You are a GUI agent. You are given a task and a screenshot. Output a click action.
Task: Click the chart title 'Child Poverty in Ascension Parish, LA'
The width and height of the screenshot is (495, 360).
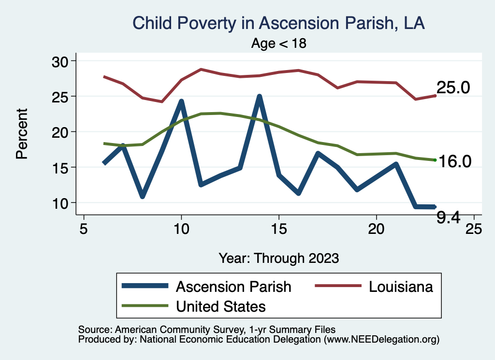[278, 23]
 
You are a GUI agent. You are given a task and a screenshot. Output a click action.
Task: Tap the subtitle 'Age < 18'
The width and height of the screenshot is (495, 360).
[279, 43]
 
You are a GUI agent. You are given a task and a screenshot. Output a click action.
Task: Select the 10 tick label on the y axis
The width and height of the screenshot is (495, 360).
[61, 203]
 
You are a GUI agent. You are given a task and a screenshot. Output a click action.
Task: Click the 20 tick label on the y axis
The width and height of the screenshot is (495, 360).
[61, 132]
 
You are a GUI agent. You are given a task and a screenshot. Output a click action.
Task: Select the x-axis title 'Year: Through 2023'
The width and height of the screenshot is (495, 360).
[278, 258]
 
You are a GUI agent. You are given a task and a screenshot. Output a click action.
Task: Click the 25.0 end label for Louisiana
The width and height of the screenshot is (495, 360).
[453, 88]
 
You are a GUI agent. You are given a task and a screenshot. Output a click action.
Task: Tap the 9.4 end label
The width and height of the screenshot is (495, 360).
[448, 218]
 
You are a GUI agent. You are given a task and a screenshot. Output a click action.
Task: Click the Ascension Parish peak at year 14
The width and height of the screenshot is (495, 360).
[259, 97]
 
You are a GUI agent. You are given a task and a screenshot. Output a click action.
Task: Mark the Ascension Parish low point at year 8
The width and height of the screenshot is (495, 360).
[142, 196]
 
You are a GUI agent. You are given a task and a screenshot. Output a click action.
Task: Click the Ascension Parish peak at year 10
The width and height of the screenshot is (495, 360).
[181, 101]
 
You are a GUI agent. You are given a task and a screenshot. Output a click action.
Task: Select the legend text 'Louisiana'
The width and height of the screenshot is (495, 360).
[401, 287]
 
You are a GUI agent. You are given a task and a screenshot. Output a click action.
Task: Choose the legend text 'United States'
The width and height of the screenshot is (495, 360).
[221, 306]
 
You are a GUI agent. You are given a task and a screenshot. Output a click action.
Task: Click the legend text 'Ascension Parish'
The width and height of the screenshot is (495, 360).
[233, 287]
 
